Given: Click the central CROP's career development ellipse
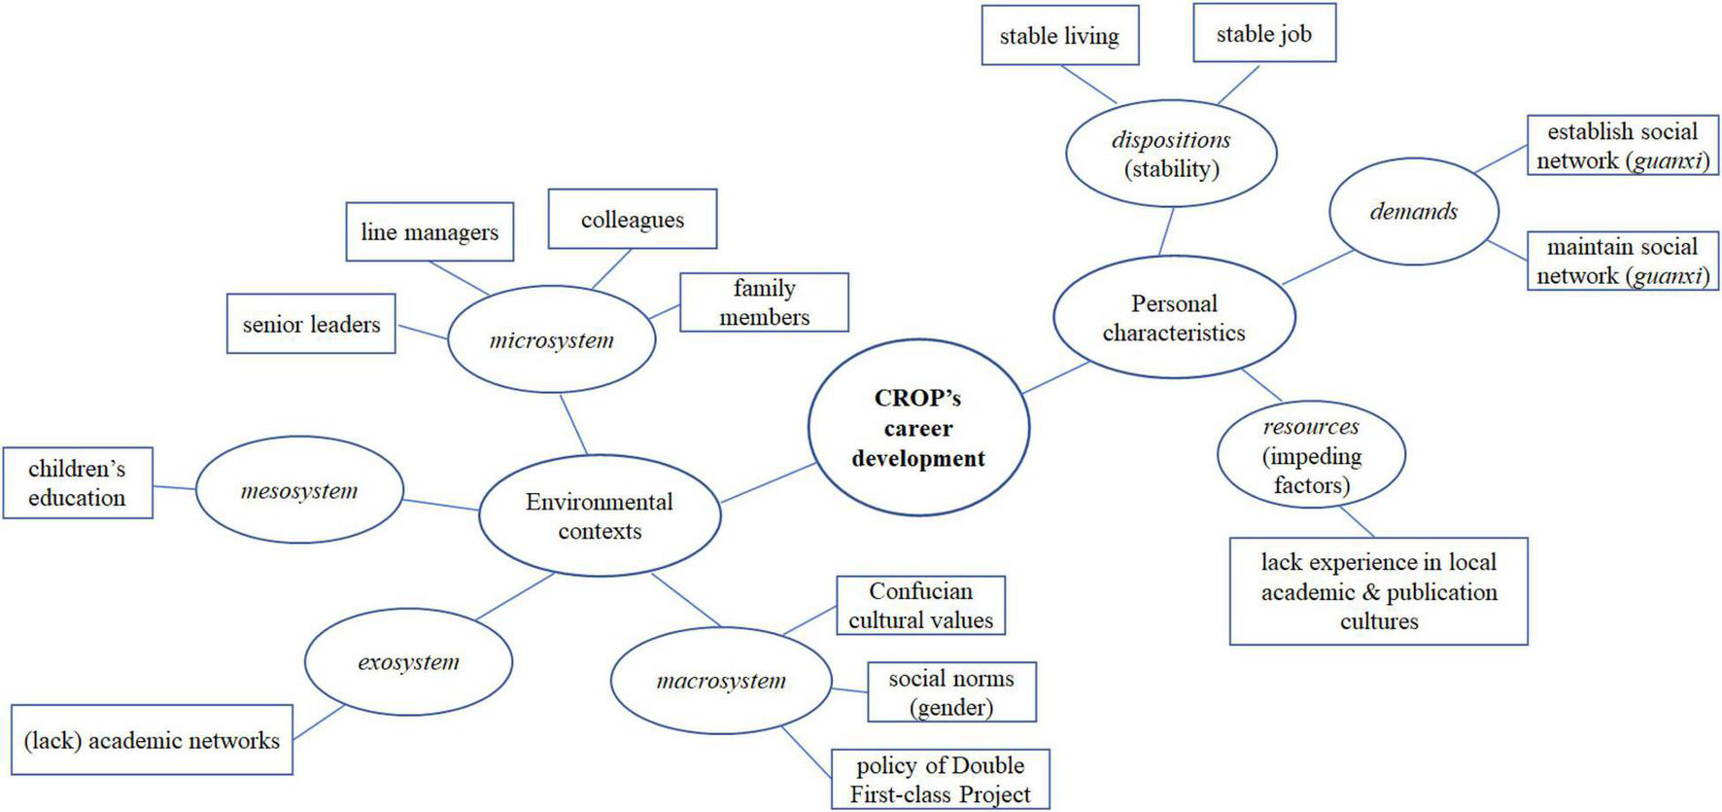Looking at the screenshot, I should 918,428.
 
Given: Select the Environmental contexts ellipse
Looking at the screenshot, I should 600,516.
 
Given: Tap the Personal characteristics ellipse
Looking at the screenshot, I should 1174,318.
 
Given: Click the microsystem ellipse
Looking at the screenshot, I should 552,340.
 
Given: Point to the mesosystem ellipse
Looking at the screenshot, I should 299,491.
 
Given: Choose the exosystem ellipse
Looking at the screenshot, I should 408,662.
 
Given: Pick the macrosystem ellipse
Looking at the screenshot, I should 721,681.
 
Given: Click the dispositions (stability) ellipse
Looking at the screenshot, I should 1171,154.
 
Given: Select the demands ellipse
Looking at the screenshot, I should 1414,211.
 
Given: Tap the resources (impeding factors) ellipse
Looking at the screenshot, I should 1311,455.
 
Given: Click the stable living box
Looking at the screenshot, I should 1059,36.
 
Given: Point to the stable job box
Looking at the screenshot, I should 1263,34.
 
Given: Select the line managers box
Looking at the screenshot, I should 430,232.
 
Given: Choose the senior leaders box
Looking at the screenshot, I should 311,324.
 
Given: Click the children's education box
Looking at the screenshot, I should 78,483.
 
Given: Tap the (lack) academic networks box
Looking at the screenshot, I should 152,740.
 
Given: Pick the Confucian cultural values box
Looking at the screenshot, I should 920,606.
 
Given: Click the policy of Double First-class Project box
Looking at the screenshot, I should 940,779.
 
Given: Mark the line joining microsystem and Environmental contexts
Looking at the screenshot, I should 573,423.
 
